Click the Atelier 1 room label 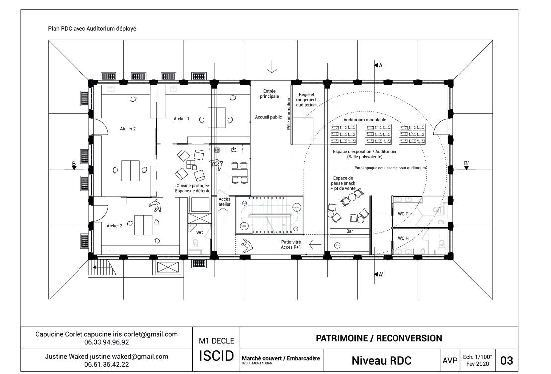181,119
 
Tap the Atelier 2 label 128,128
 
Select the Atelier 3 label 115,225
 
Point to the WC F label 403,215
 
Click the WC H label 403,238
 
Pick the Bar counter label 349,231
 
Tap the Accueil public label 268,117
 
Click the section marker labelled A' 379,274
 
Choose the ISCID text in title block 216,357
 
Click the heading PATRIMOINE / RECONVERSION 379,338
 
